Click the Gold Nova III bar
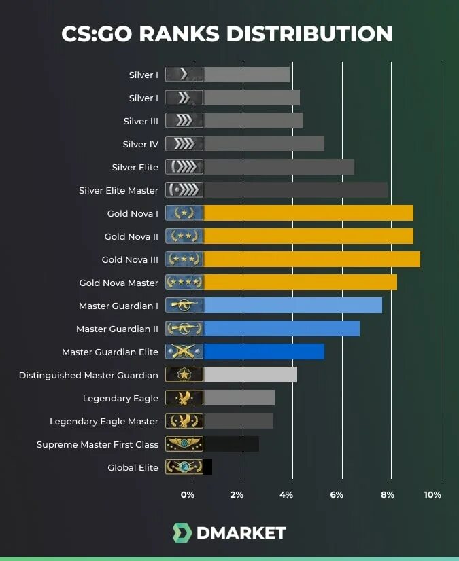click(311, 259)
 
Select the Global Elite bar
click(208, 467)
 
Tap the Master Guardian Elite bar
click(264, 352)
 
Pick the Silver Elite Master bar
click(295, 190)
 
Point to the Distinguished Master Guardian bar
click(250, 375)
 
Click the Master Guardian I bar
click(292, 306)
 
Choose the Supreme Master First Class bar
click(231, 444)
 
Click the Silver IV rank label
click(140, 144)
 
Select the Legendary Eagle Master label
click(104, 421)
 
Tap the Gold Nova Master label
click(119, 283)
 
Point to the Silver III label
click(141, 121)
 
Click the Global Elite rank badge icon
click(184, 467)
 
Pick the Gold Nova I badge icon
click(184, 213)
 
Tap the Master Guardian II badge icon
click(184, 329)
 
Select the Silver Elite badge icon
click(184, 167)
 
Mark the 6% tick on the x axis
click(337, 494)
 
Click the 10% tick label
click(432, 494)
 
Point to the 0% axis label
click(188, 494)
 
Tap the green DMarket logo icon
click(182, 533)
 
